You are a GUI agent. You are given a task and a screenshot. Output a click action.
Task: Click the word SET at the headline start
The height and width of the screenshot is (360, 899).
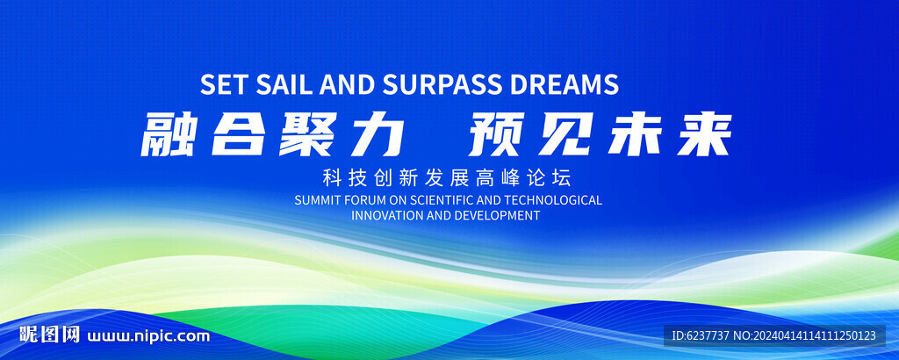tap(224, 84)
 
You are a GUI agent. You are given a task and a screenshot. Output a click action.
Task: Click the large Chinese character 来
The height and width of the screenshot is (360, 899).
tap(704, 134)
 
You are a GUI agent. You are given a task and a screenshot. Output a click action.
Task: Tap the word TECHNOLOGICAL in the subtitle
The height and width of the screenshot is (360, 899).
tap(555, 200)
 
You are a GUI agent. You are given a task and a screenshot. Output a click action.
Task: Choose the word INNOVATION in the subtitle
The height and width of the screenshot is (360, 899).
tap(387, 215)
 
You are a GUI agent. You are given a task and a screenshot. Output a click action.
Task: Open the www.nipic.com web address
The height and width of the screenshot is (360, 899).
tap(148, 336)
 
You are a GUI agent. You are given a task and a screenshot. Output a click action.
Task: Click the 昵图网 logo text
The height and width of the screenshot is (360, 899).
tap(49, 335)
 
